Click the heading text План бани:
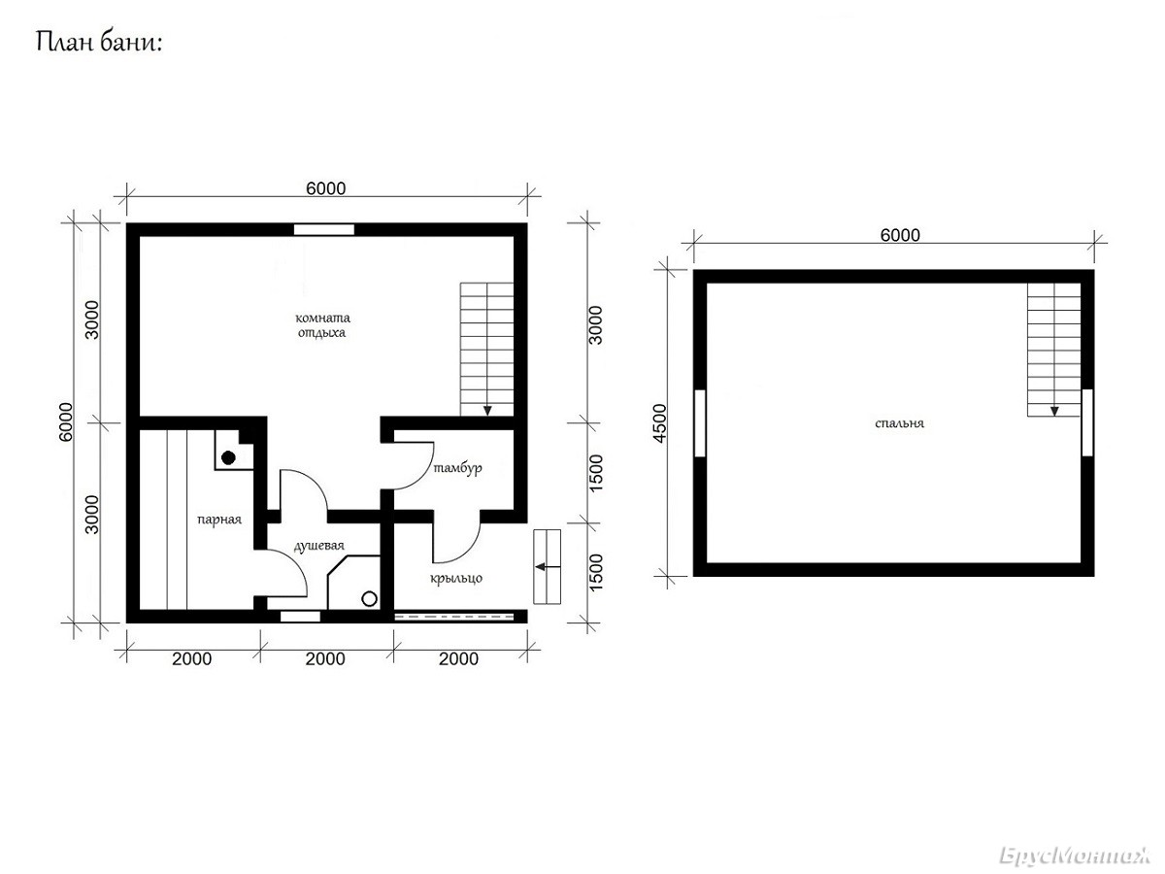click(99, 42)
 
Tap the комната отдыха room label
click(322, 325)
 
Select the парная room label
click(219, 520)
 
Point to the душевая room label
click(319, 546)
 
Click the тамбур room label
click(457, 468)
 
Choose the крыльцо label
click(456, 579)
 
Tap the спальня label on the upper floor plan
click(899, 423)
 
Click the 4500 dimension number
click(659, 423)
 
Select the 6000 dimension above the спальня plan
click(900, 235)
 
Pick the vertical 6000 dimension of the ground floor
click(65, 421)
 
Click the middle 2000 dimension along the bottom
click(325, 658)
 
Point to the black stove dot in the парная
click(228, 457)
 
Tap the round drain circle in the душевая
click(370, 599)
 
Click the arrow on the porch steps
click(548, 567)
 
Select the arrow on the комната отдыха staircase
click(487, 410)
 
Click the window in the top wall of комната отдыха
click(323, 230)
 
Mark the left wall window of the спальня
click(700, 423)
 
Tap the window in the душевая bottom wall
click(300, 616)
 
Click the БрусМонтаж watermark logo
click(1074, 856)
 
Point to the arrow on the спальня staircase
click(1054, 410)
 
